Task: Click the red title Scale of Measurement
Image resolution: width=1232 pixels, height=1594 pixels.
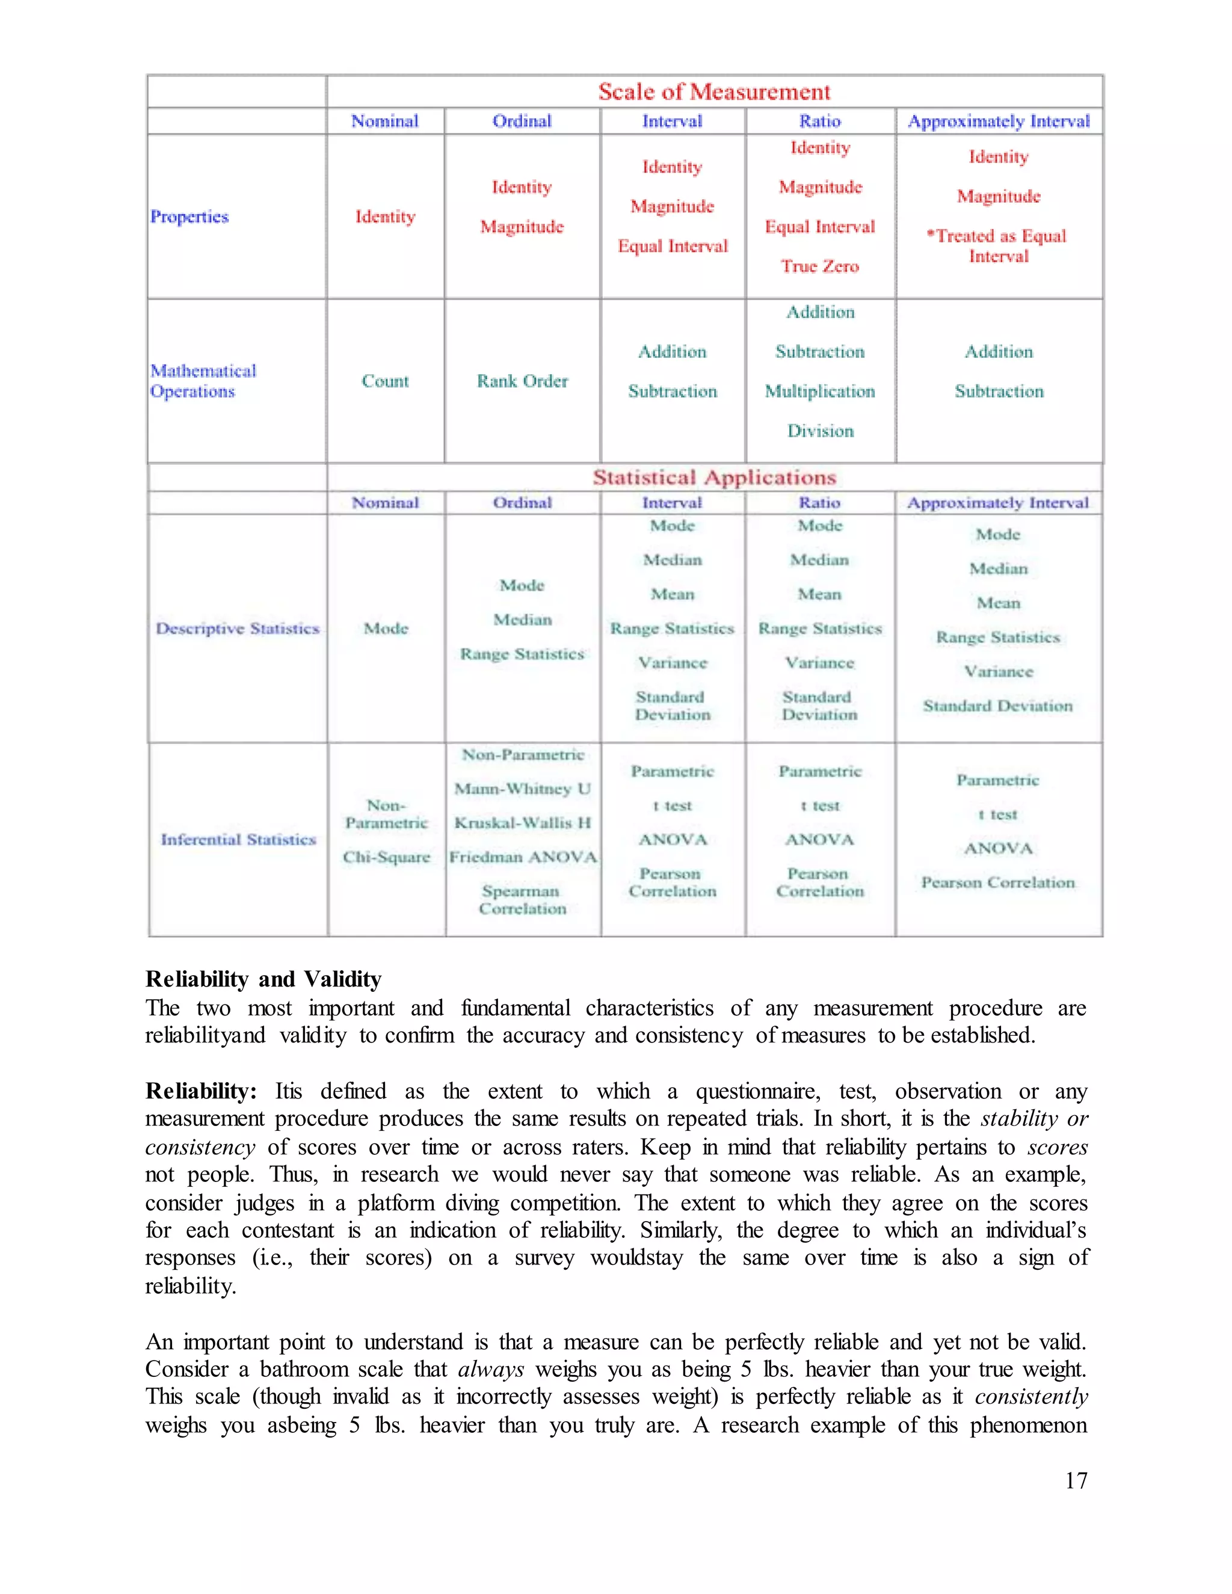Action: pos(714,92)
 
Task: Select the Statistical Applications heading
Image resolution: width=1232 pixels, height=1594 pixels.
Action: pos(714,478)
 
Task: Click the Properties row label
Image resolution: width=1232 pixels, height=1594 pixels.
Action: pos(189,217)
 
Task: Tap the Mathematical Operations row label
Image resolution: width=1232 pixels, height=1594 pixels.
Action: pos(203,381)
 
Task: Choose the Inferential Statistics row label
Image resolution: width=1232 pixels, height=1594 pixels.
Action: pos(239,839)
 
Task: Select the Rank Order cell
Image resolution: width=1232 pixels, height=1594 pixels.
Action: pos(522,381)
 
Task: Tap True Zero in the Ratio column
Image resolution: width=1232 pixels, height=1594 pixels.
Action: pos(820,266)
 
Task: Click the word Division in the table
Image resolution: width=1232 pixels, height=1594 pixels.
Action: pos(820,431)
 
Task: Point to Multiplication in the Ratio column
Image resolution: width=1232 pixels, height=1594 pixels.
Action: pos(820,391)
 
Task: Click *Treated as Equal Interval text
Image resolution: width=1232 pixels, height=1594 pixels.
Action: pos(998,246)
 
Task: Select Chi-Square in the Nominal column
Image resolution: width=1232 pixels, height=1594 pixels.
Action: pos(386,857)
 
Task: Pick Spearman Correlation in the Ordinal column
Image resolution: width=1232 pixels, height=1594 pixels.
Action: pos(522,900)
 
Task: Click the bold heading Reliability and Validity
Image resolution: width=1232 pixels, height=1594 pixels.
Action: pos(263,979)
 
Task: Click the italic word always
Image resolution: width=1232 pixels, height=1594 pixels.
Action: pos(490,1369)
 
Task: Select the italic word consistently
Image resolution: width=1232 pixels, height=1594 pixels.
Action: pos(1030,1397)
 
